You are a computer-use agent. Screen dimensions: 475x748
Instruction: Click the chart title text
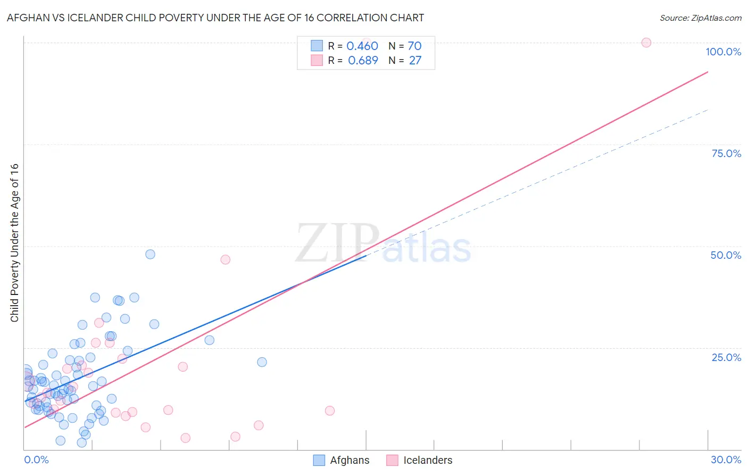coord(215,18)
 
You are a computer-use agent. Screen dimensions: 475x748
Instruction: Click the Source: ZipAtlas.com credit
coord(700,18)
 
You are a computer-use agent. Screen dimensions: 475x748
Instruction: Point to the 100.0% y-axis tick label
coord(723,52)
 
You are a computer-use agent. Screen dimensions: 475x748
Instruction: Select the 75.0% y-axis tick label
coord(726,153)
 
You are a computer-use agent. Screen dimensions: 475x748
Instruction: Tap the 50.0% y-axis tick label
coord(726,255)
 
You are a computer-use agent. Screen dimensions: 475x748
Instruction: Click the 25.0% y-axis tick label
coord(726,357)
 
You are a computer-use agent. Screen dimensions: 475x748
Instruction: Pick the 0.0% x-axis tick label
coord(36,460)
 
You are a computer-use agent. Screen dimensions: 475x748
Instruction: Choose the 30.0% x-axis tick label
coord(726,460)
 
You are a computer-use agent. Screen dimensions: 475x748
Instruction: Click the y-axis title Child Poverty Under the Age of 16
coord(14,242)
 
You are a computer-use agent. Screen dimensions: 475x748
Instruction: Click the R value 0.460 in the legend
coord(362,46)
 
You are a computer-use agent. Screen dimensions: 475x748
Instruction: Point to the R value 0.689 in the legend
coord(363,61)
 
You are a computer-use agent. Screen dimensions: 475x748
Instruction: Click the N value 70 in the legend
coord(414,46)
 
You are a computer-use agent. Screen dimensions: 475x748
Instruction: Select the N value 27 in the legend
coord(415,61)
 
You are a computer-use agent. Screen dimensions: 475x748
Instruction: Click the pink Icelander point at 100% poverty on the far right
coord(646,43)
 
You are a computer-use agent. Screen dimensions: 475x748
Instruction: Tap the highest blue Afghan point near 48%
coord(150,255)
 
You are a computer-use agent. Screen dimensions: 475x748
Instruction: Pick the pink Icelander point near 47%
coord(225,260)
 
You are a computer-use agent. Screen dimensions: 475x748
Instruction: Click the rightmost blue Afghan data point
coord(262,362)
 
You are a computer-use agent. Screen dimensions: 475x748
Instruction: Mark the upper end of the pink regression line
coord(708,71)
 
